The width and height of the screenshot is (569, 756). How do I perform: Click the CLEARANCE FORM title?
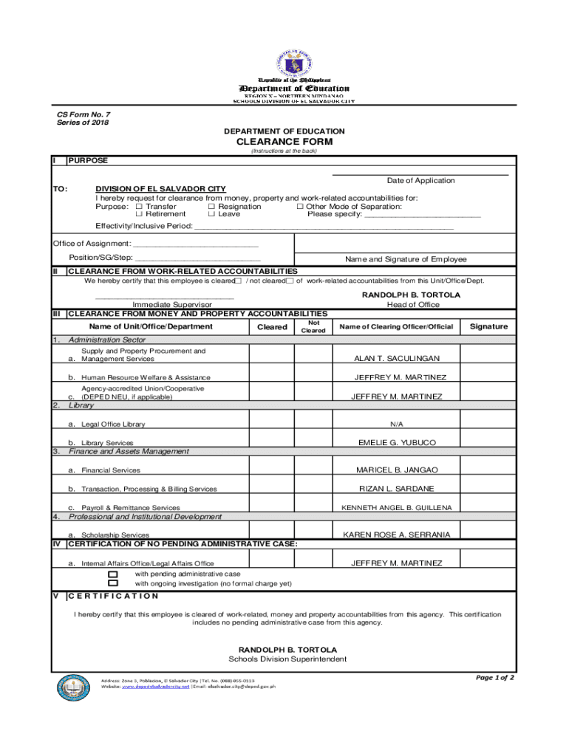pyautogui.click(x=284, y=142)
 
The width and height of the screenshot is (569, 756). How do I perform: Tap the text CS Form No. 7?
pyautogui.click(x=84, y=114)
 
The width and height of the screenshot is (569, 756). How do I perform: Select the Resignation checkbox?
pyautogui.click(x=211, y=207)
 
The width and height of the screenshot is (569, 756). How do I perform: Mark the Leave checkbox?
pyautogui.click(x=211, y=215)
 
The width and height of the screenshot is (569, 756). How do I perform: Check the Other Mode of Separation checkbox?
pyautogui.click(x=300, y=207)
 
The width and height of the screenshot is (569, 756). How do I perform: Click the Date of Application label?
pyautogui.click(x=420, y=181)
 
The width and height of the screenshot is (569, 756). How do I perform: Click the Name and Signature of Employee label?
pyautogui.click(x=406, y=259)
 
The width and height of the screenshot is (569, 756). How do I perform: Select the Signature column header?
pyautogui.click(x=489, y=326)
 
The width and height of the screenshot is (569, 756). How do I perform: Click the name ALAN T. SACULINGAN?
pyautogui.click(x=397, y=359)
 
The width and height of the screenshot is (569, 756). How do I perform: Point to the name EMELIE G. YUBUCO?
pyautogui.click(x=397, y=443)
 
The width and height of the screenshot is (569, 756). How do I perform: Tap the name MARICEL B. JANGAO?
pyautogui.click(x=397, y=470)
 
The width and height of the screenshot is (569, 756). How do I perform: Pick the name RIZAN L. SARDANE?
pyautogui.click(x=397, y=489)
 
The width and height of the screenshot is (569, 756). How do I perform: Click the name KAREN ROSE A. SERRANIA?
pyautogui.click(x=397, y=535)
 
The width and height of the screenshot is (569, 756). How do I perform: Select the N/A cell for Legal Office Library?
pyautogui.click(x=397, y=425)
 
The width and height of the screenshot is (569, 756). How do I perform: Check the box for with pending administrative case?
pyautogui.click(x=113, y=574)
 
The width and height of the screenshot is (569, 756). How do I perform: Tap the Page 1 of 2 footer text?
pyautogui.click(x=494, y=678)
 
